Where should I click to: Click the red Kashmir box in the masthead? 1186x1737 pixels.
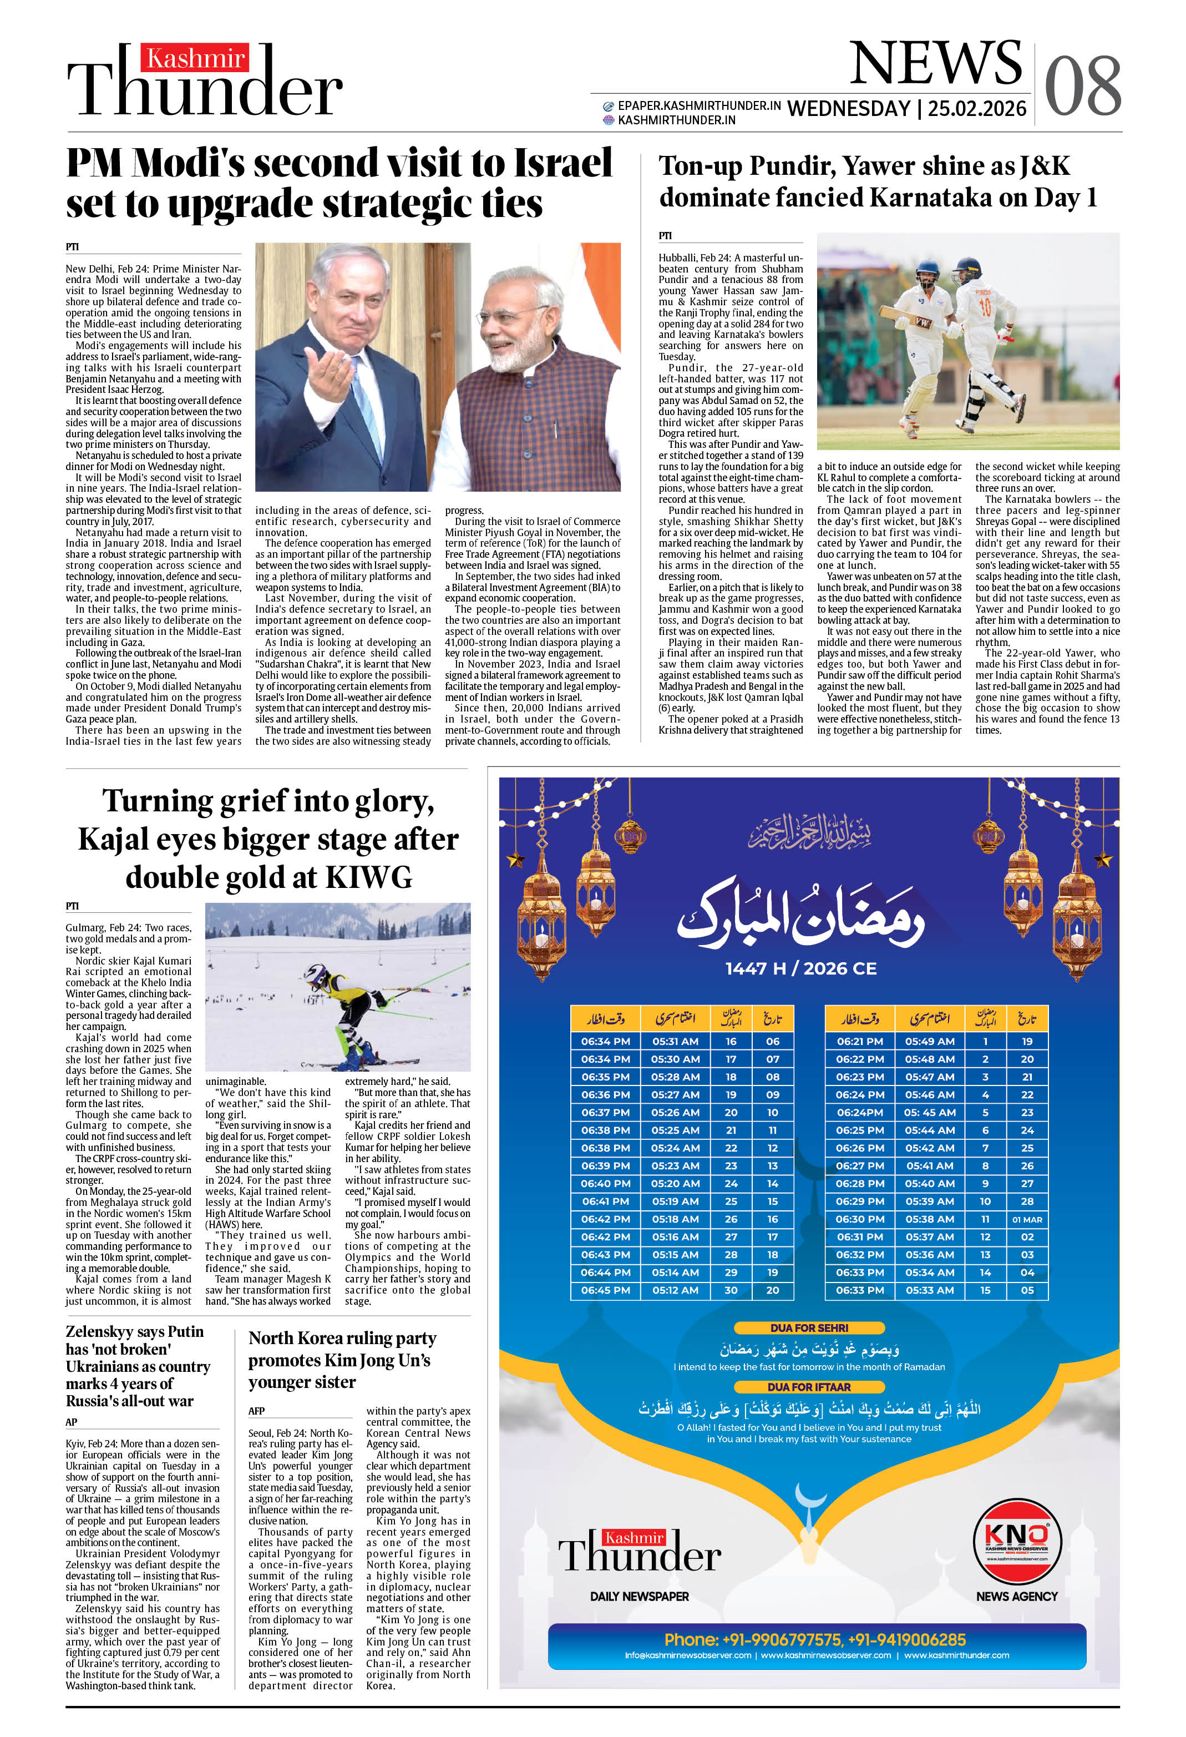195,58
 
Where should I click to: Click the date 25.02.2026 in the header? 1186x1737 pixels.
977,109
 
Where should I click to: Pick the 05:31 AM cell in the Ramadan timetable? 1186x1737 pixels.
675,1041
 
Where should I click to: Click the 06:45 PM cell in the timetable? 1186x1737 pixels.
605,1290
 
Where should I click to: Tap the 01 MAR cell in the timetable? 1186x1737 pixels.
1027,1219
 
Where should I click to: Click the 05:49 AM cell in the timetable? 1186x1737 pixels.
930,1041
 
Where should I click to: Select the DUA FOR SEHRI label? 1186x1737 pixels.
809,1328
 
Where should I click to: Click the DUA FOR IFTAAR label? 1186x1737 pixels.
809,1387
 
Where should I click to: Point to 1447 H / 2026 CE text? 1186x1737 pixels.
800,968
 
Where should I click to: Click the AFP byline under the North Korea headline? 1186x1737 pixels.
256,1411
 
